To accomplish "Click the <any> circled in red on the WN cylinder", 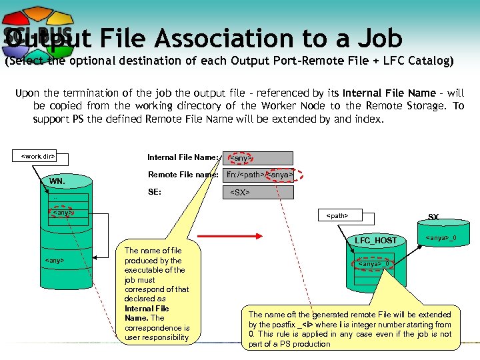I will (x=61, y=213).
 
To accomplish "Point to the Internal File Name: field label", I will (x=182, y=157).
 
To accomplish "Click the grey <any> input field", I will (x=257, y=159).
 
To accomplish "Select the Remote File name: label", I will (x=183, y=175).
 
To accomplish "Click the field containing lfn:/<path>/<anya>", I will (x=259, y=175).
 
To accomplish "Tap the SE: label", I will (x=154, y=192).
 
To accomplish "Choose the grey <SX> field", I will (x=257, y=193).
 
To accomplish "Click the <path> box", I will (x=337, y=215).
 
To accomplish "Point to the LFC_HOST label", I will (x=375, y=240).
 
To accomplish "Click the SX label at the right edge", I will (x=433, y=217).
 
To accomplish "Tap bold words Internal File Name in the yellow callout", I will (x=147, y=313).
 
